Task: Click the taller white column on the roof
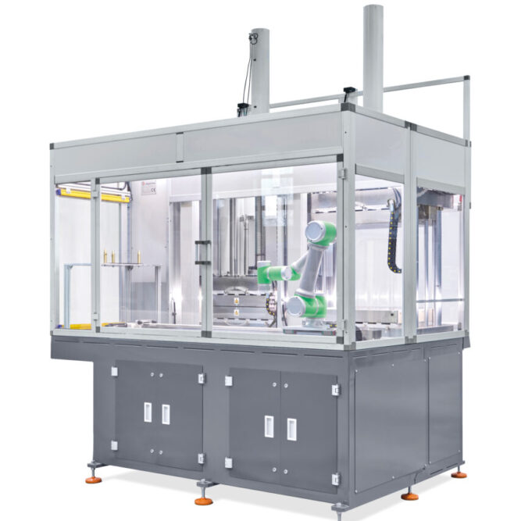(373, 55)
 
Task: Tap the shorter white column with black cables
(259, 70)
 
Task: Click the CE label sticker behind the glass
(151, 186)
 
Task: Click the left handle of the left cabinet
(148, 412)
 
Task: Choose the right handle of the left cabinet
(166, 414)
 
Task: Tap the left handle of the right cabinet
(270, 426)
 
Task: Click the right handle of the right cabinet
(291, 429)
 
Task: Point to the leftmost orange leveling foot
(94, 478)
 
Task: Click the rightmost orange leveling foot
(459, 473)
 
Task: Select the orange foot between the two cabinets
(205, 498)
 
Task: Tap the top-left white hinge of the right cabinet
(228, 380)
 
